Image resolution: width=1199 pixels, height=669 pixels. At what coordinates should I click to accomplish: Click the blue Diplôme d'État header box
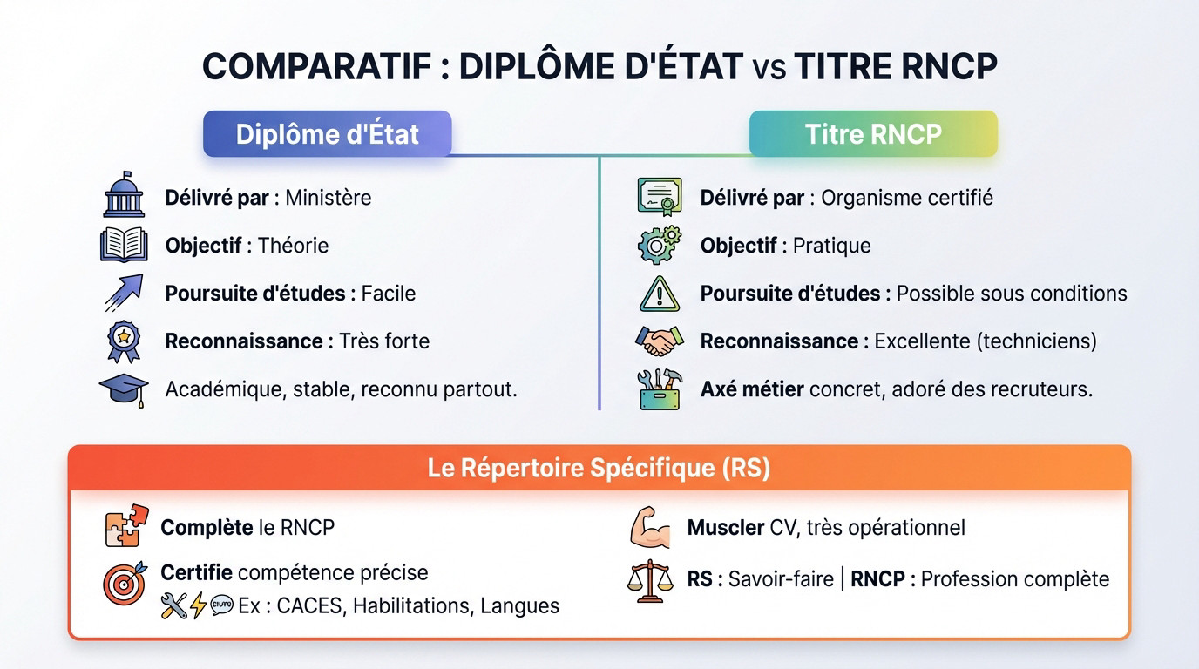pyautogui.click(x=327, y=134)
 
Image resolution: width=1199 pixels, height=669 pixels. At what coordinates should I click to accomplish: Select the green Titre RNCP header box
pyautogui.click(x=873, y=134)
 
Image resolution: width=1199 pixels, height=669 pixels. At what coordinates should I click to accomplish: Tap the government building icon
pyautogui.click(x=124, y=195)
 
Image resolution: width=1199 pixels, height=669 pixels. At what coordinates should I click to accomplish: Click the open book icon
pyautogui.click(x=124, y=245)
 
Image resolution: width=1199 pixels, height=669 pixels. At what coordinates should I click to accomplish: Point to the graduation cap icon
pyautogui.click(x=124, y=389)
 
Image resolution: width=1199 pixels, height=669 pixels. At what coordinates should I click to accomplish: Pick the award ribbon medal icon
pyautogui.click(x=124, y=341)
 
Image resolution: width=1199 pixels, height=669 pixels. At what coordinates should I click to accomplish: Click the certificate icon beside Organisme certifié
pyautogui.click(x=659, y=196)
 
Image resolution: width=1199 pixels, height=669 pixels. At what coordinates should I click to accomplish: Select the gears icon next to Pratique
pyautogui.click(x=659, y=245)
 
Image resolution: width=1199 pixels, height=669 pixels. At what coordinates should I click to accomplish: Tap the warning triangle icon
pyautogui.click(x=659, y=294)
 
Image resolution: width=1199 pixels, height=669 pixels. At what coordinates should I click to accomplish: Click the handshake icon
pyautogui.click(x=659, y=341)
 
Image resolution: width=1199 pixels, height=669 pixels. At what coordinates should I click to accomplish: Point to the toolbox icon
pyautogui.click(x=659, y=389)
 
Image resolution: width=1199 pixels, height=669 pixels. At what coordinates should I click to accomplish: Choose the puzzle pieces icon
pyautogui.click(x=126, y=526)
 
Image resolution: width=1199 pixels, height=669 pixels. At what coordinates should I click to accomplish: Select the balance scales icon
pyautogui.click(x=650, y=580)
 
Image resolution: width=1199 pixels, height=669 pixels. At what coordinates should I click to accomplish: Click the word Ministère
pyautogui.click(x=328, y=198)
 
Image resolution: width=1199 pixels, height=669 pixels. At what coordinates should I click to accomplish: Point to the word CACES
pyautogui.click(x=311, y=605)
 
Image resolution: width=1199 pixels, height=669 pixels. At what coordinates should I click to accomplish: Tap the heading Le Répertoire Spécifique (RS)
pyautogui.click(x=599, y=469)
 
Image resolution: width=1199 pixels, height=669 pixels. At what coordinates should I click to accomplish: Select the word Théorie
pyautogui.click(x=293, y=246)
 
